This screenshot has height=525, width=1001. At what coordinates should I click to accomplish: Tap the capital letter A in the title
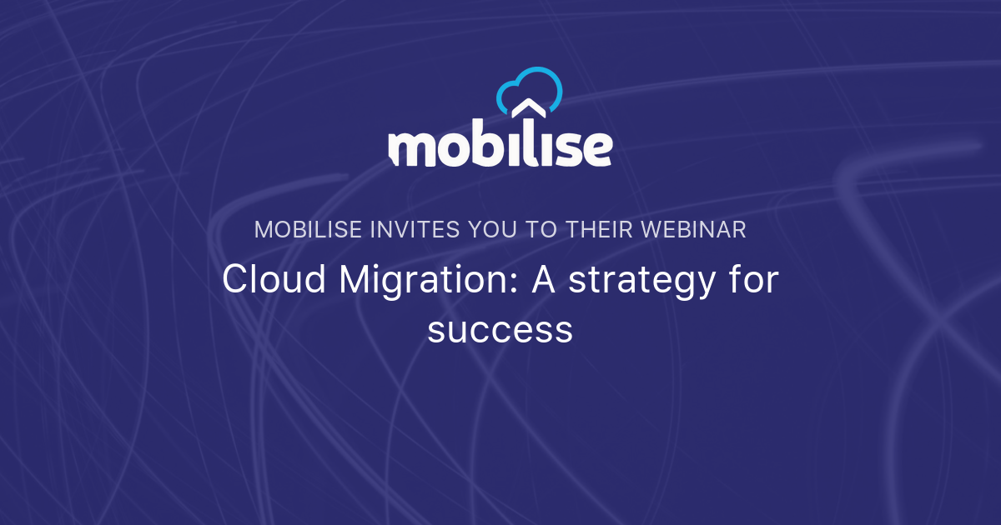point(545,280)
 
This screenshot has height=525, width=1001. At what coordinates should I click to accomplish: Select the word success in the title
point(500,330)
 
